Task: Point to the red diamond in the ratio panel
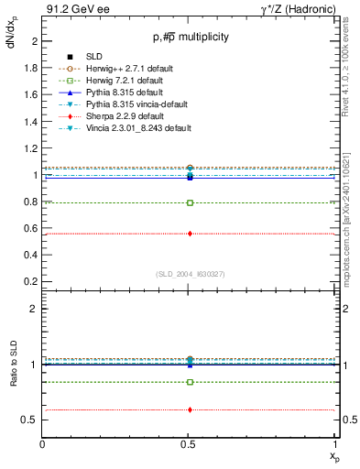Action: (190, 409)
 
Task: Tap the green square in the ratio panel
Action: (190, 382)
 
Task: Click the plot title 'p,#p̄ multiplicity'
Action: (191, 38)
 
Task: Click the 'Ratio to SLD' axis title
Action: (13, 377)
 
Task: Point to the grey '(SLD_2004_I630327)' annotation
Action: (190, 274)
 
